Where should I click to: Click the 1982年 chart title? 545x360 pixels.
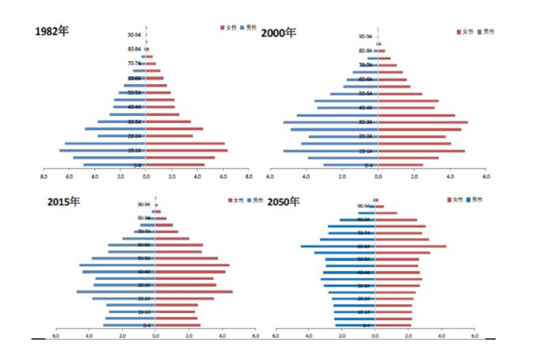[51, 31]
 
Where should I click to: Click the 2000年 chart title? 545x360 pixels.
[279, 33]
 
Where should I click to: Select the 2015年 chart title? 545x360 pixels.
[64, 202]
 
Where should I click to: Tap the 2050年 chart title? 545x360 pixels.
[283, 202]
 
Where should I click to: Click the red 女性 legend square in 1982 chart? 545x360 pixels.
[223, 28]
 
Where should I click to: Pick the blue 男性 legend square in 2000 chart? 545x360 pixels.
[479, 32]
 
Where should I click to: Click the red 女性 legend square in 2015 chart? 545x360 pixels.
[230, 200]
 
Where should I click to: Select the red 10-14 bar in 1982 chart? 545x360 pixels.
[187, 150]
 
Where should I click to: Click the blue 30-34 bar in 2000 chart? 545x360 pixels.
[331, 122]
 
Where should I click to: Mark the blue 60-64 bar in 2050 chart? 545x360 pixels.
[338, 246]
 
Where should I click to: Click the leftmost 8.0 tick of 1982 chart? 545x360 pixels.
[43, 177]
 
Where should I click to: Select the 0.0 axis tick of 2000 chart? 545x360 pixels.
[378, 177]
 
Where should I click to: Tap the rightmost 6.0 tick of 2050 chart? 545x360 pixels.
[474, 336]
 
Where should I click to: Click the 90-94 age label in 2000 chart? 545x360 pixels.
[365, 36]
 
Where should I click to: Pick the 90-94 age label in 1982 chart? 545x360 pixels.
[134, 35]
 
